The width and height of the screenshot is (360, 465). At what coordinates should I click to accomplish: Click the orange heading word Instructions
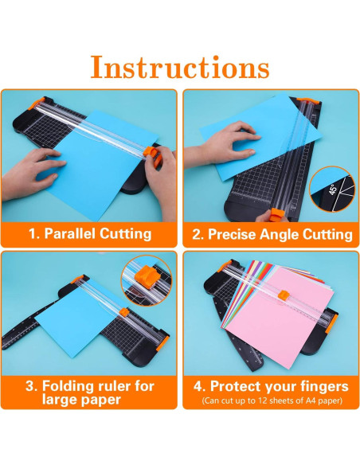[x=180, y=67]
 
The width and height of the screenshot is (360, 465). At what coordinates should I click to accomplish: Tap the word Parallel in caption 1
[x=70, y=233]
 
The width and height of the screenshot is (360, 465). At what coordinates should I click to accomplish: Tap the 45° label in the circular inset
[x=333, y=190]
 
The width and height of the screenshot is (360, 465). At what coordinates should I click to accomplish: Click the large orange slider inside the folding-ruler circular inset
[x=147, y=278]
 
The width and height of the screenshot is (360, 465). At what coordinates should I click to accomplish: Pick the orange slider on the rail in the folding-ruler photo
[x=124, y=312]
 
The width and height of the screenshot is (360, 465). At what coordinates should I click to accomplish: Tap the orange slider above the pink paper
[x=284, y=295]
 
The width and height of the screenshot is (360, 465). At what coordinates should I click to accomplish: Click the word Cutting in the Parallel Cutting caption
[x=125, y=233]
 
